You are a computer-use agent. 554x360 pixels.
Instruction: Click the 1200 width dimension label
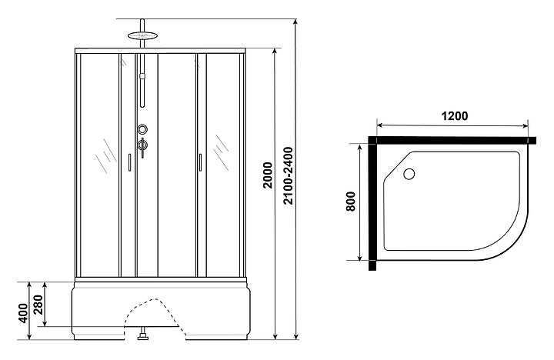coord(455,116)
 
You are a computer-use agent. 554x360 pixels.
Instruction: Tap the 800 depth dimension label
coord(350,202)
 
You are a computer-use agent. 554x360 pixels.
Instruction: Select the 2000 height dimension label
coord(269,175)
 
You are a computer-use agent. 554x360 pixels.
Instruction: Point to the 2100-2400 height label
coord(289,175)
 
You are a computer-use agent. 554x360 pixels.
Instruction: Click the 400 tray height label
coord(22,313)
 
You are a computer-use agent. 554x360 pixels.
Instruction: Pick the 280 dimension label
coord(38,305)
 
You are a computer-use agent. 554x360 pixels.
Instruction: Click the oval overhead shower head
coord(142,35)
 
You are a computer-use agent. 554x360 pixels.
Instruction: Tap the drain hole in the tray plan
coord(409,174)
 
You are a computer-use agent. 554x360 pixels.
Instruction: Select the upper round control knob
coord(143,129)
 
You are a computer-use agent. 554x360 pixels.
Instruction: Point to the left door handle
coord(129,162)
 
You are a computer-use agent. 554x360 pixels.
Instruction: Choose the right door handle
coord(200,162)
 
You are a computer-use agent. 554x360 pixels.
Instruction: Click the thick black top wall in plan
coord(452,140)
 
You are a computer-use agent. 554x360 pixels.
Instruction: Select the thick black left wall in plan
coord(372,204)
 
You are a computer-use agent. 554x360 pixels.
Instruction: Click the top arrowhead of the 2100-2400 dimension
coord(295,22)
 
